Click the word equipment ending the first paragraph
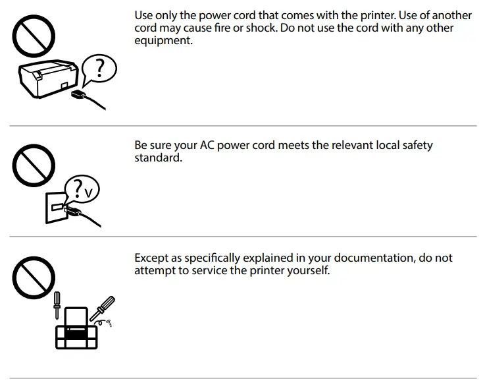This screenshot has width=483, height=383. [164, 40]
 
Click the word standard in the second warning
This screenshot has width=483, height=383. [158, 158]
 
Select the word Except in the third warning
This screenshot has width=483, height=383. [153, 258]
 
